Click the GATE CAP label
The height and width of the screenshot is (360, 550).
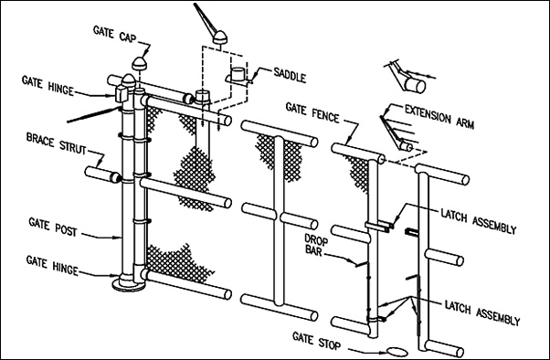point(115,34)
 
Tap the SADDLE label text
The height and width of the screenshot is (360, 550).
point(290,75)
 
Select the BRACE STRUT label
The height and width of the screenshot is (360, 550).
point(56,143)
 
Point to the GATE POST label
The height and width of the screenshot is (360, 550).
point(53,227)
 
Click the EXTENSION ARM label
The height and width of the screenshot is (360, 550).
point(439,116)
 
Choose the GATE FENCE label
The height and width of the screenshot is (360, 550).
point(312,112)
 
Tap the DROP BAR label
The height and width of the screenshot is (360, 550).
point(316,245)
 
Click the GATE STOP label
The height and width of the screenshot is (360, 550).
point(316,341)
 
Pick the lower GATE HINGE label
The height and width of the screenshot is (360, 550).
point(52,266)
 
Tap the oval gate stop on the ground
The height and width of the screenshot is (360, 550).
point(397,351)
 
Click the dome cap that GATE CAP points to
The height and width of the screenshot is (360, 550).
point(139,64)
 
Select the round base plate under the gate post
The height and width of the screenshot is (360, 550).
point(129,284)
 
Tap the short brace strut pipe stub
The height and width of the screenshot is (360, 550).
point(102,175)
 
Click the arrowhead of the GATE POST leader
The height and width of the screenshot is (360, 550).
point(119,238)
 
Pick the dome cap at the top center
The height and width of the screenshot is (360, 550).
point(220,37)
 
